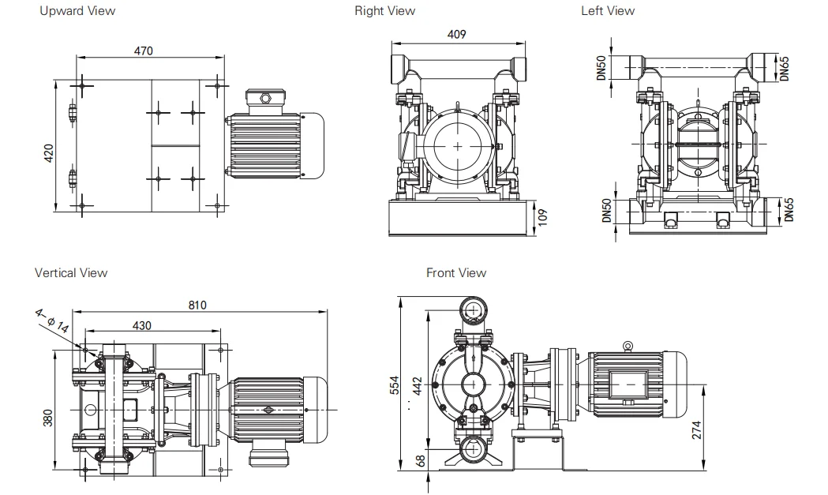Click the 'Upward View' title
click(77, 11)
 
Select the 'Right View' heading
click(384, 11)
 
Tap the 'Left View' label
click(607, 11)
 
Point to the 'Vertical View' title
click(71, 272)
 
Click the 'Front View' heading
click(455, 272)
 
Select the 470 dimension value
click(143, 51)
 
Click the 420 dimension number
click(48, 153)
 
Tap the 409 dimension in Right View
click(457, 34)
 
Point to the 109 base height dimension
click(542, 217)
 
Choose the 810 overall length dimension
click(197, 305)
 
